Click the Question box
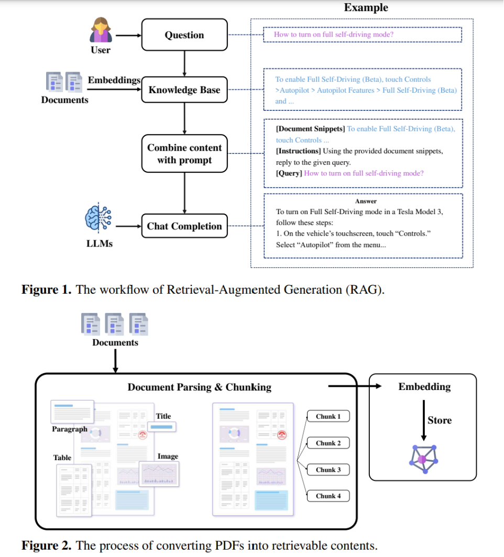click(184, 35)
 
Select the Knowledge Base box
click(184, 90)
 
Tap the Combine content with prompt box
click(184, 154)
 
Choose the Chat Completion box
click(184, 226)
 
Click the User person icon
click(100, 30)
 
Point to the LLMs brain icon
click(98, 219)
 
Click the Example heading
click(366, 7)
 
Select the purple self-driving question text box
click(362, 35)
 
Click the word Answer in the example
click(366, 201)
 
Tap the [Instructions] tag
click(298, 151)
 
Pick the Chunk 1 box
click(328, 417)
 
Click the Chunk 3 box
click(328, 470)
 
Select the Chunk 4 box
click(328, 496)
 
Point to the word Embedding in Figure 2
click(424, 387)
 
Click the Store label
click(439, 420)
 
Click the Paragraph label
click(70, 429)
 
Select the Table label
click(62, 458)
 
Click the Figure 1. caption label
click(46, 289)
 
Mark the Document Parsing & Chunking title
click(200, 387)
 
